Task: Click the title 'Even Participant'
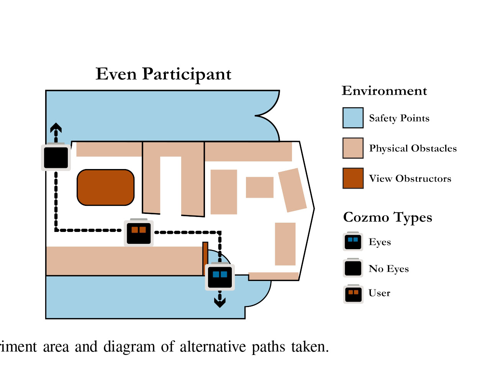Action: coord(163,74)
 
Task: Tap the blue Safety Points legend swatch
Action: coord(352,118)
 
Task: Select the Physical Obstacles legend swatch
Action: coord(352,148)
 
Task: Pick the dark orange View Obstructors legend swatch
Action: coord(352,178)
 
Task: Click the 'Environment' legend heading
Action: coord(384,91)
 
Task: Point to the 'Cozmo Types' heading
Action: coord(387,217)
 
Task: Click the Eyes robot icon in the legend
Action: coord(353,242)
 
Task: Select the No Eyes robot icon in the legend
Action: coord(353,268)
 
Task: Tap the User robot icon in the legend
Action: coord(353,294)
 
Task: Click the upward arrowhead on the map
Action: coord(56,128)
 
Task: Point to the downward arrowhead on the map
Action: coord(220,302)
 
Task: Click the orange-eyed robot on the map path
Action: coord(139,232)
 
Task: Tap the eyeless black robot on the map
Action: coord(56,157)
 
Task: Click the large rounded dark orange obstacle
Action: coord(106,187)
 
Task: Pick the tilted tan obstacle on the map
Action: coord(292,190)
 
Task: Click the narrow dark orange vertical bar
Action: coord(205,258)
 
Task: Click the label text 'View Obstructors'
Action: coord(410,179)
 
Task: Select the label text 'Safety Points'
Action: coord(399,118)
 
